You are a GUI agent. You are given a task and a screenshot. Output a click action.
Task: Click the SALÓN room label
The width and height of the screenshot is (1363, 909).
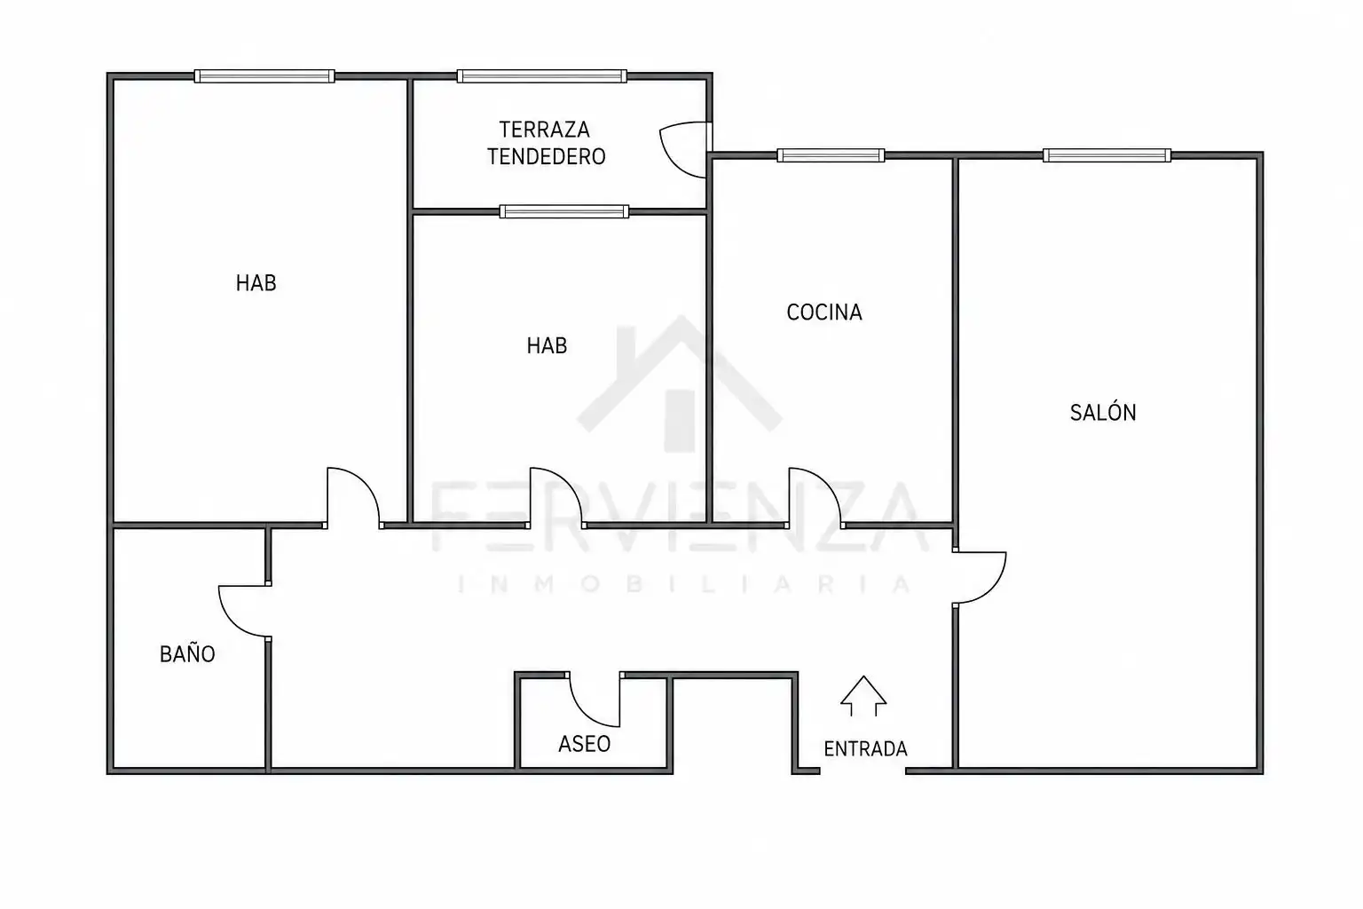[x=1103, y=412]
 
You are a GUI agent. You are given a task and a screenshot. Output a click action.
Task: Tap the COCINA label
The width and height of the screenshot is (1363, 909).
[x=824, y=312]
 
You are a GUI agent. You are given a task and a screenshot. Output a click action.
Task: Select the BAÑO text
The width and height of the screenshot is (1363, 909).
[x=187, y=654]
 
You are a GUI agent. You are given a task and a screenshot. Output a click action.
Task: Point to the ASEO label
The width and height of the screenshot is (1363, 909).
[x=585, y=744]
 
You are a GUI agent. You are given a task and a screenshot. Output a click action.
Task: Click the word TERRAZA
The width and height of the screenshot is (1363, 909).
[x=545, y=130]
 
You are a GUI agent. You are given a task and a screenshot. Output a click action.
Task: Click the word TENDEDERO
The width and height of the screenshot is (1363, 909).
[x=547, y=157]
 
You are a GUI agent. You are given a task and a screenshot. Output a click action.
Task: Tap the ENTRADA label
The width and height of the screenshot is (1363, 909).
[x=865, y=749]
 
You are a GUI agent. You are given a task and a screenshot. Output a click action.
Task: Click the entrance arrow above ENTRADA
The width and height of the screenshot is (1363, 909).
[x=863, y=696]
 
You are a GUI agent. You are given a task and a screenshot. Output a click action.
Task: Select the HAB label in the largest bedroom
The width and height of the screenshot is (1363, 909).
[x=256, y=283]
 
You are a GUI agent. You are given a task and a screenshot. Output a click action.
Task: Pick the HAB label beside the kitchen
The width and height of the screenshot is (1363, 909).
[x=547, y=346]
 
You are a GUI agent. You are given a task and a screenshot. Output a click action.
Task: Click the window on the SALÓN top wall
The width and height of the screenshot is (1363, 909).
[x=1107, y=155]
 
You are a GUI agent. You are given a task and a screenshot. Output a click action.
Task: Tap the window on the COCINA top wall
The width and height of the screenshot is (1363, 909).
[x=831, y=155]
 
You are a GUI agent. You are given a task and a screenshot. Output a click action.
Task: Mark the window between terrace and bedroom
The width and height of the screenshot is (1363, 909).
[x=564, y=211]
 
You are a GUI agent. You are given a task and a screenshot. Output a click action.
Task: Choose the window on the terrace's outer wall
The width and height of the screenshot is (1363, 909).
[x=541, y=76]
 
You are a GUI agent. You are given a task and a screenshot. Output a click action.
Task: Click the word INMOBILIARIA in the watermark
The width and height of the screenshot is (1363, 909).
[x=684, y=584]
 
